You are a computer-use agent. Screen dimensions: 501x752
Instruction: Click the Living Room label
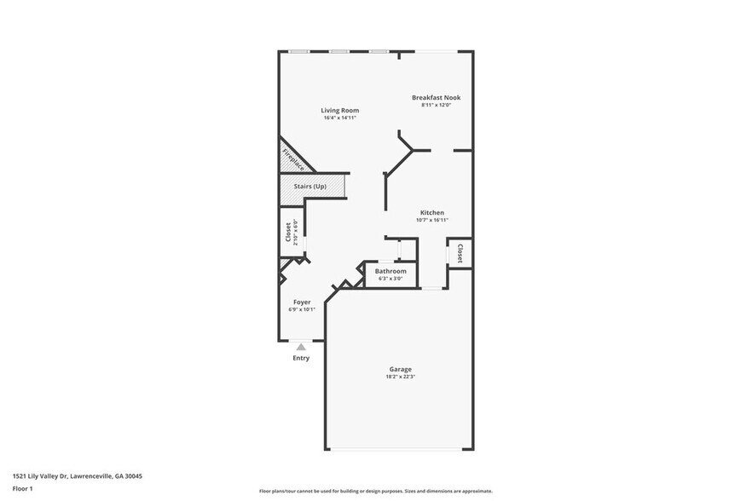tap(339, 110)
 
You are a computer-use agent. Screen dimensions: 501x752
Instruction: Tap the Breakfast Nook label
tap(436, 97)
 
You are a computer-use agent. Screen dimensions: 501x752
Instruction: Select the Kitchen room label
tap(431, 212)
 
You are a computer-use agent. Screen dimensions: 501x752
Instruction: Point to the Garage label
tap(400, 369)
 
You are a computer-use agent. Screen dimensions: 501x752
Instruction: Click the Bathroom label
tap(390, 271)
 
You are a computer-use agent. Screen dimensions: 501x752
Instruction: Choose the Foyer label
tap(302, 302)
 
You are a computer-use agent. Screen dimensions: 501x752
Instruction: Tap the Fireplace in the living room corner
tap(293, 158)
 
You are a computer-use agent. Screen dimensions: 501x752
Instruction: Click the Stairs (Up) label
tap(310, 187)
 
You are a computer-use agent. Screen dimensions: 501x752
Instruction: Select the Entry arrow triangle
tap(301, 347)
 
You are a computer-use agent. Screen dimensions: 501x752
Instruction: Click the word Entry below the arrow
tap(301, 358)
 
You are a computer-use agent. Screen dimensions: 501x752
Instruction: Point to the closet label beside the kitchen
tap(460, 253)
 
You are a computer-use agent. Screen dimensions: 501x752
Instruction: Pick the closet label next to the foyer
tap(288, 231)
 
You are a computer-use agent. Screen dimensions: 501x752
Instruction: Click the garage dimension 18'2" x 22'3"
tap(400, 377)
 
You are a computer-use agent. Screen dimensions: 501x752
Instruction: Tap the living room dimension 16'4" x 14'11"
tap(339, 118)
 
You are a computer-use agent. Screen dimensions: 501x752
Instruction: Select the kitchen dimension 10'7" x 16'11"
tap(431, 220)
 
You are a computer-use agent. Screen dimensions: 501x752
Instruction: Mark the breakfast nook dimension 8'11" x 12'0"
tap(436, 105)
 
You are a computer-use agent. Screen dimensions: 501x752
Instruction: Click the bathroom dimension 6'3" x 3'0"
tap(390, 279)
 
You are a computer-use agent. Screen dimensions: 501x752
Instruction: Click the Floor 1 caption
tap(22, 488)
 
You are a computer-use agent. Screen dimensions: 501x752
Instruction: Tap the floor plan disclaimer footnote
tap(375, 491)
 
